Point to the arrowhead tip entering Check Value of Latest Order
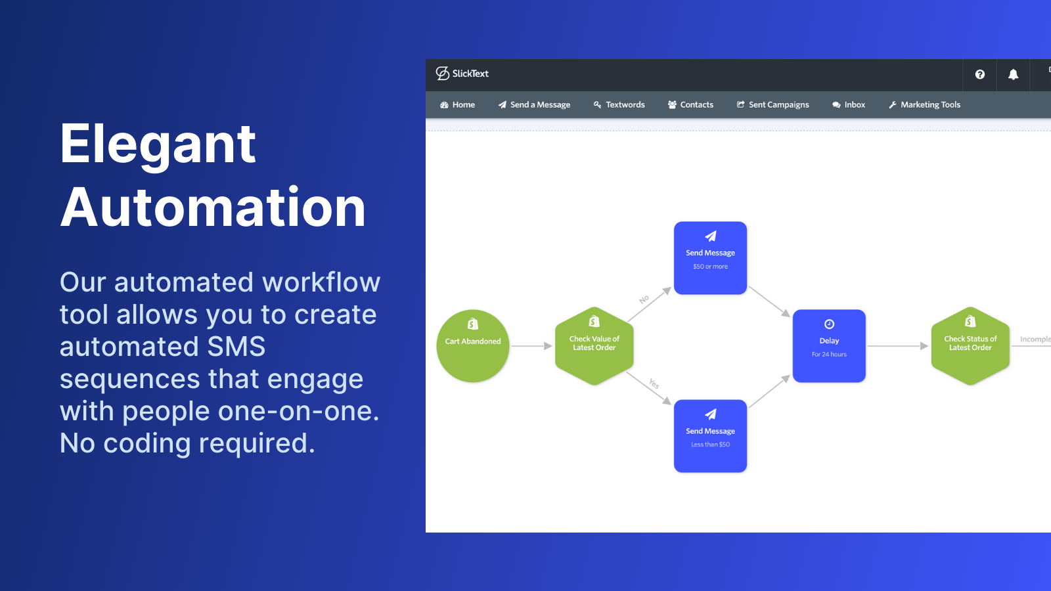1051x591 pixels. tap(552, 346)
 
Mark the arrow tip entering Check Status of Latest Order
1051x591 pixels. tap(929, 346)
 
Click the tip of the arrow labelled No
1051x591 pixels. tap(671, 288)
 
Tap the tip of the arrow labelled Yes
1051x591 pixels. tap(671, 405)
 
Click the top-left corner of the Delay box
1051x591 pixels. tap(793, 309)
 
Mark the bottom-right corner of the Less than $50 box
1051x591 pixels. tap(746, 472)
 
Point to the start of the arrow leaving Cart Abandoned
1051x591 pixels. tap(512, 346)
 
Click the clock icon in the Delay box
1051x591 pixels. tap(829, 324)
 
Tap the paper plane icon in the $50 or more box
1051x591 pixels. tap(710, 236)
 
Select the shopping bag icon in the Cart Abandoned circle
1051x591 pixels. tap(473, 324)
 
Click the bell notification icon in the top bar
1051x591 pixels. tap(1014, 74)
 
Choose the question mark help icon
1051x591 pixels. tap(979, 74)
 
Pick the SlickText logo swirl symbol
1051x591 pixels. tap(443, 73)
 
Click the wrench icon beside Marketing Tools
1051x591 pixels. tap(893, 104)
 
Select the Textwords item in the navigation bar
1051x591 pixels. tap(619, 104)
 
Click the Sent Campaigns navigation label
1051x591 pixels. tap(779, 104)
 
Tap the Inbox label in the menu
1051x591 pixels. tap(855, 104)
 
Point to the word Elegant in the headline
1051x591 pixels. tap(158, 145)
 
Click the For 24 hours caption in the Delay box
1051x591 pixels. tap(829, 354)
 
